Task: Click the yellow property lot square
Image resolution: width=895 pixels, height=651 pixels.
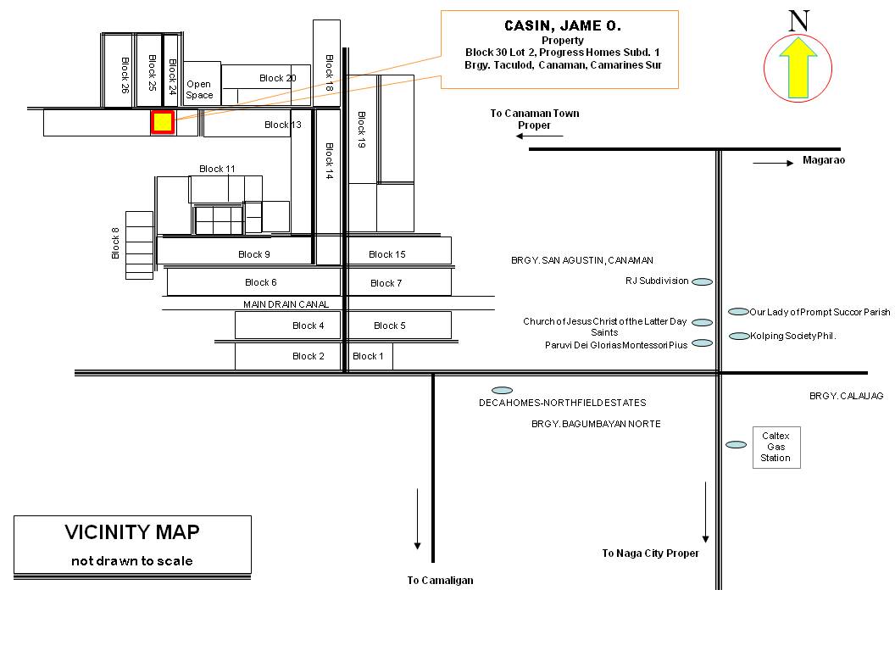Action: [x=163, y=122]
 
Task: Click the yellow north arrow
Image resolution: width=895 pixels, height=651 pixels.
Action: [x=798, y=68]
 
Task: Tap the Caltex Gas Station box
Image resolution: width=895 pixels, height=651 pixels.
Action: [x=776, y=447]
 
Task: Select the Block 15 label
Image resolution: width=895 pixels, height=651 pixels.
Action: [x=387, y=254]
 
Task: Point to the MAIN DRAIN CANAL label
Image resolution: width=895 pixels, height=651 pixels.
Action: [x=286, y=304]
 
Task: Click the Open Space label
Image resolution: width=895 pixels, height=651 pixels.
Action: [x=199, y=90]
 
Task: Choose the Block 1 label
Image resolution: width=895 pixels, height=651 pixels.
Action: [x=368, y=356]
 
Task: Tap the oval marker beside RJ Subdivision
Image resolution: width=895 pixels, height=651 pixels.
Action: [x=702, y=281]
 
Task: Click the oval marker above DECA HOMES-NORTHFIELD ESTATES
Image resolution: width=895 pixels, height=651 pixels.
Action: [x=503, y=391]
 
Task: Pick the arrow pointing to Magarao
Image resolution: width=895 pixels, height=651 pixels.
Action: [x=773, y=164]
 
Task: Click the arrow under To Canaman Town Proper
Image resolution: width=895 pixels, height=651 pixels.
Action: [x=539, y=136]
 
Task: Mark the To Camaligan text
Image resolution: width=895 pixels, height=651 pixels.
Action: [x=440, y=580]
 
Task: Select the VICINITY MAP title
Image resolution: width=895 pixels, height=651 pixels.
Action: [x=132, y=532]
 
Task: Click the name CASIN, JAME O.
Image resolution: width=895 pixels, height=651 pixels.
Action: [x=563, y=25]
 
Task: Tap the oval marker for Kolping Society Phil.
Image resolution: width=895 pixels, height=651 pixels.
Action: [x=739, y=336]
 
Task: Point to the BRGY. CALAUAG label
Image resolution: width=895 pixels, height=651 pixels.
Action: [x=846, y=396]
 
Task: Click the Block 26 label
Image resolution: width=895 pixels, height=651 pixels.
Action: [x=125, y=75]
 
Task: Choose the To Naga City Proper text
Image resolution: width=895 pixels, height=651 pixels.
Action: [x=651, y=553]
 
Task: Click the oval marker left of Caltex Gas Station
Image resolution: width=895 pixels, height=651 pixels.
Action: [x=736, y=445]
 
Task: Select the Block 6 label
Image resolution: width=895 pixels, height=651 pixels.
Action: [x=261, y=282]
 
